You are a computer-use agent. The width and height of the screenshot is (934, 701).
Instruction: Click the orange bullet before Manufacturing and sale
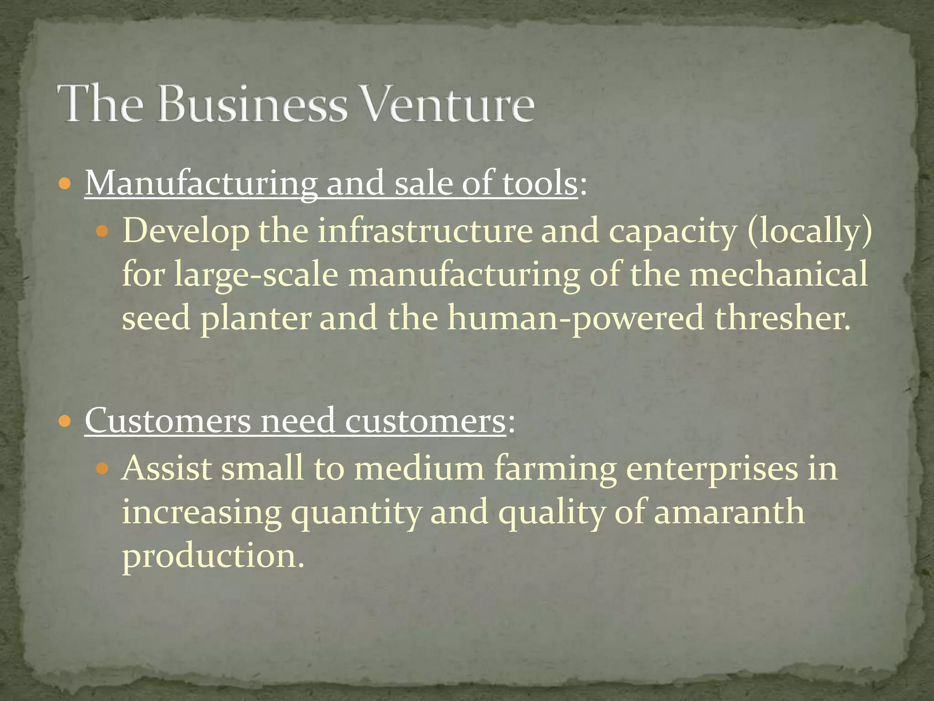tap(65, 184)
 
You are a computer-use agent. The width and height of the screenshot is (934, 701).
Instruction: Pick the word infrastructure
tap(425, 230)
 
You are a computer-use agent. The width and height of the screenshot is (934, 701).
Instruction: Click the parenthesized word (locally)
tap(809, 231)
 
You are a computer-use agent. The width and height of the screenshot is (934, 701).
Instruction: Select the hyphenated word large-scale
tap(256, 275)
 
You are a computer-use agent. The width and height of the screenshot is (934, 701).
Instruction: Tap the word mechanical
tap(778, 274)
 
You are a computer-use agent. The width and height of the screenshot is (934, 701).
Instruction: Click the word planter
tap(256, 318)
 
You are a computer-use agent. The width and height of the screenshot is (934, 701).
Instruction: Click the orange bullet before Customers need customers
tap(65, 421)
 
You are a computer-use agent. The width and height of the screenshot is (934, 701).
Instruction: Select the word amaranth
tap(729, 512)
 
